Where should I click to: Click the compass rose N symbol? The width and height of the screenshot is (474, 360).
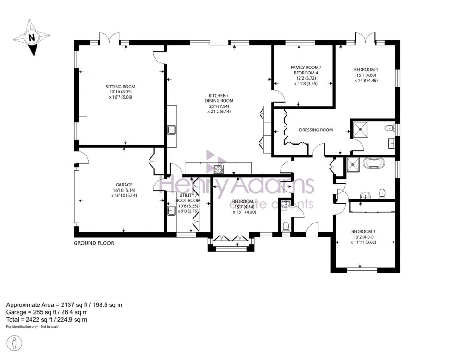31,38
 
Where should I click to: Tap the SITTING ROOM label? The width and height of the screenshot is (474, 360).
120,87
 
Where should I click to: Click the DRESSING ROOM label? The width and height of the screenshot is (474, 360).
316,130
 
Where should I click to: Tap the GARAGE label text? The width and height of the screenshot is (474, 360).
124,185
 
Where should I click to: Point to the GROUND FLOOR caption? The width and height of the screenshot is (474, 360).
94,243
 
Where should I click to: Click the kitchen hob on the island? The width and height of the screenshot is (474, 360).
219,168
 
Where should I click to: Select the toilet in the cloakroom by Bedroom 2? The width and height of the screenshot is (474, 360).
286,226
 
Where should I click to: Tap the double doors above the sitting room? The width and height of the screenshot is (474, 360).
109,37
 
